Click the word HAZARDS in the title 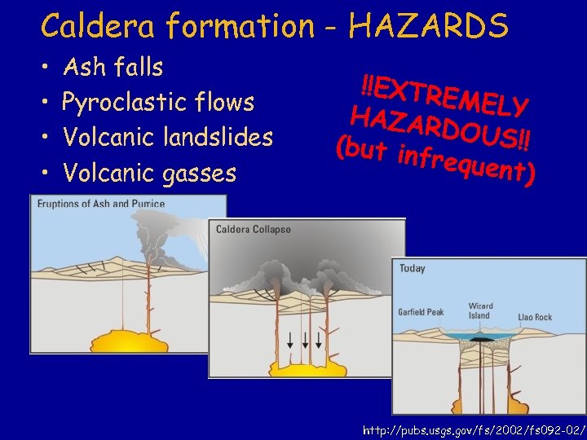pos(429,26)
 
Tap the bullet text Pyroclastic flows pos(158,103)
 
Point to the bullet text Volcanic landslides pos(167,137)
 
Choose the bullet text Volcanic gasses pos(149,173)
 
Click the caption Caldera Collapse pos(253,230)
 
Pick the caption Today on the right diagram pos(413,268)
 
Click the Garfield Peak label pos(421,312)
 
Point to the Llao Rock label pos(534,317)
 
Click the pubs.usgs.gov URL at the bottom pos(474,427)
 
